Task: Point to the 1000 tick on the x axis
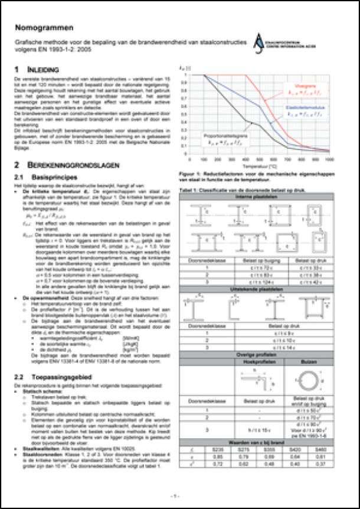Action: pos(329,160)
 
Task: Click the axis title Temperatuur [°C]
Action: pos(260,167)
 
